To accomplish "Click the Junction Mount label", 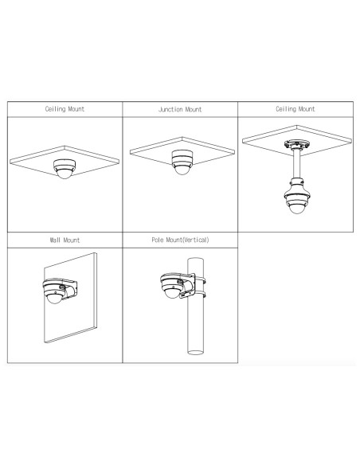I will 180,109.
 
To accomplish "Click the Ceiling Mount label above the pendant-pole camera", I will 295,109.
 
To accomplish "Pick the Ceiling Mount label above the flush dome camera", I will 65,109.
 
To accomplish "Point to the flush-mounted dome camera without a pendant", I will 65,166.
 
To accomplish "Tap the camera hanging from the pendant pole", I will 296,199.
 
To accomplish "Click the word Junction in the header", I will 168,109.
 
